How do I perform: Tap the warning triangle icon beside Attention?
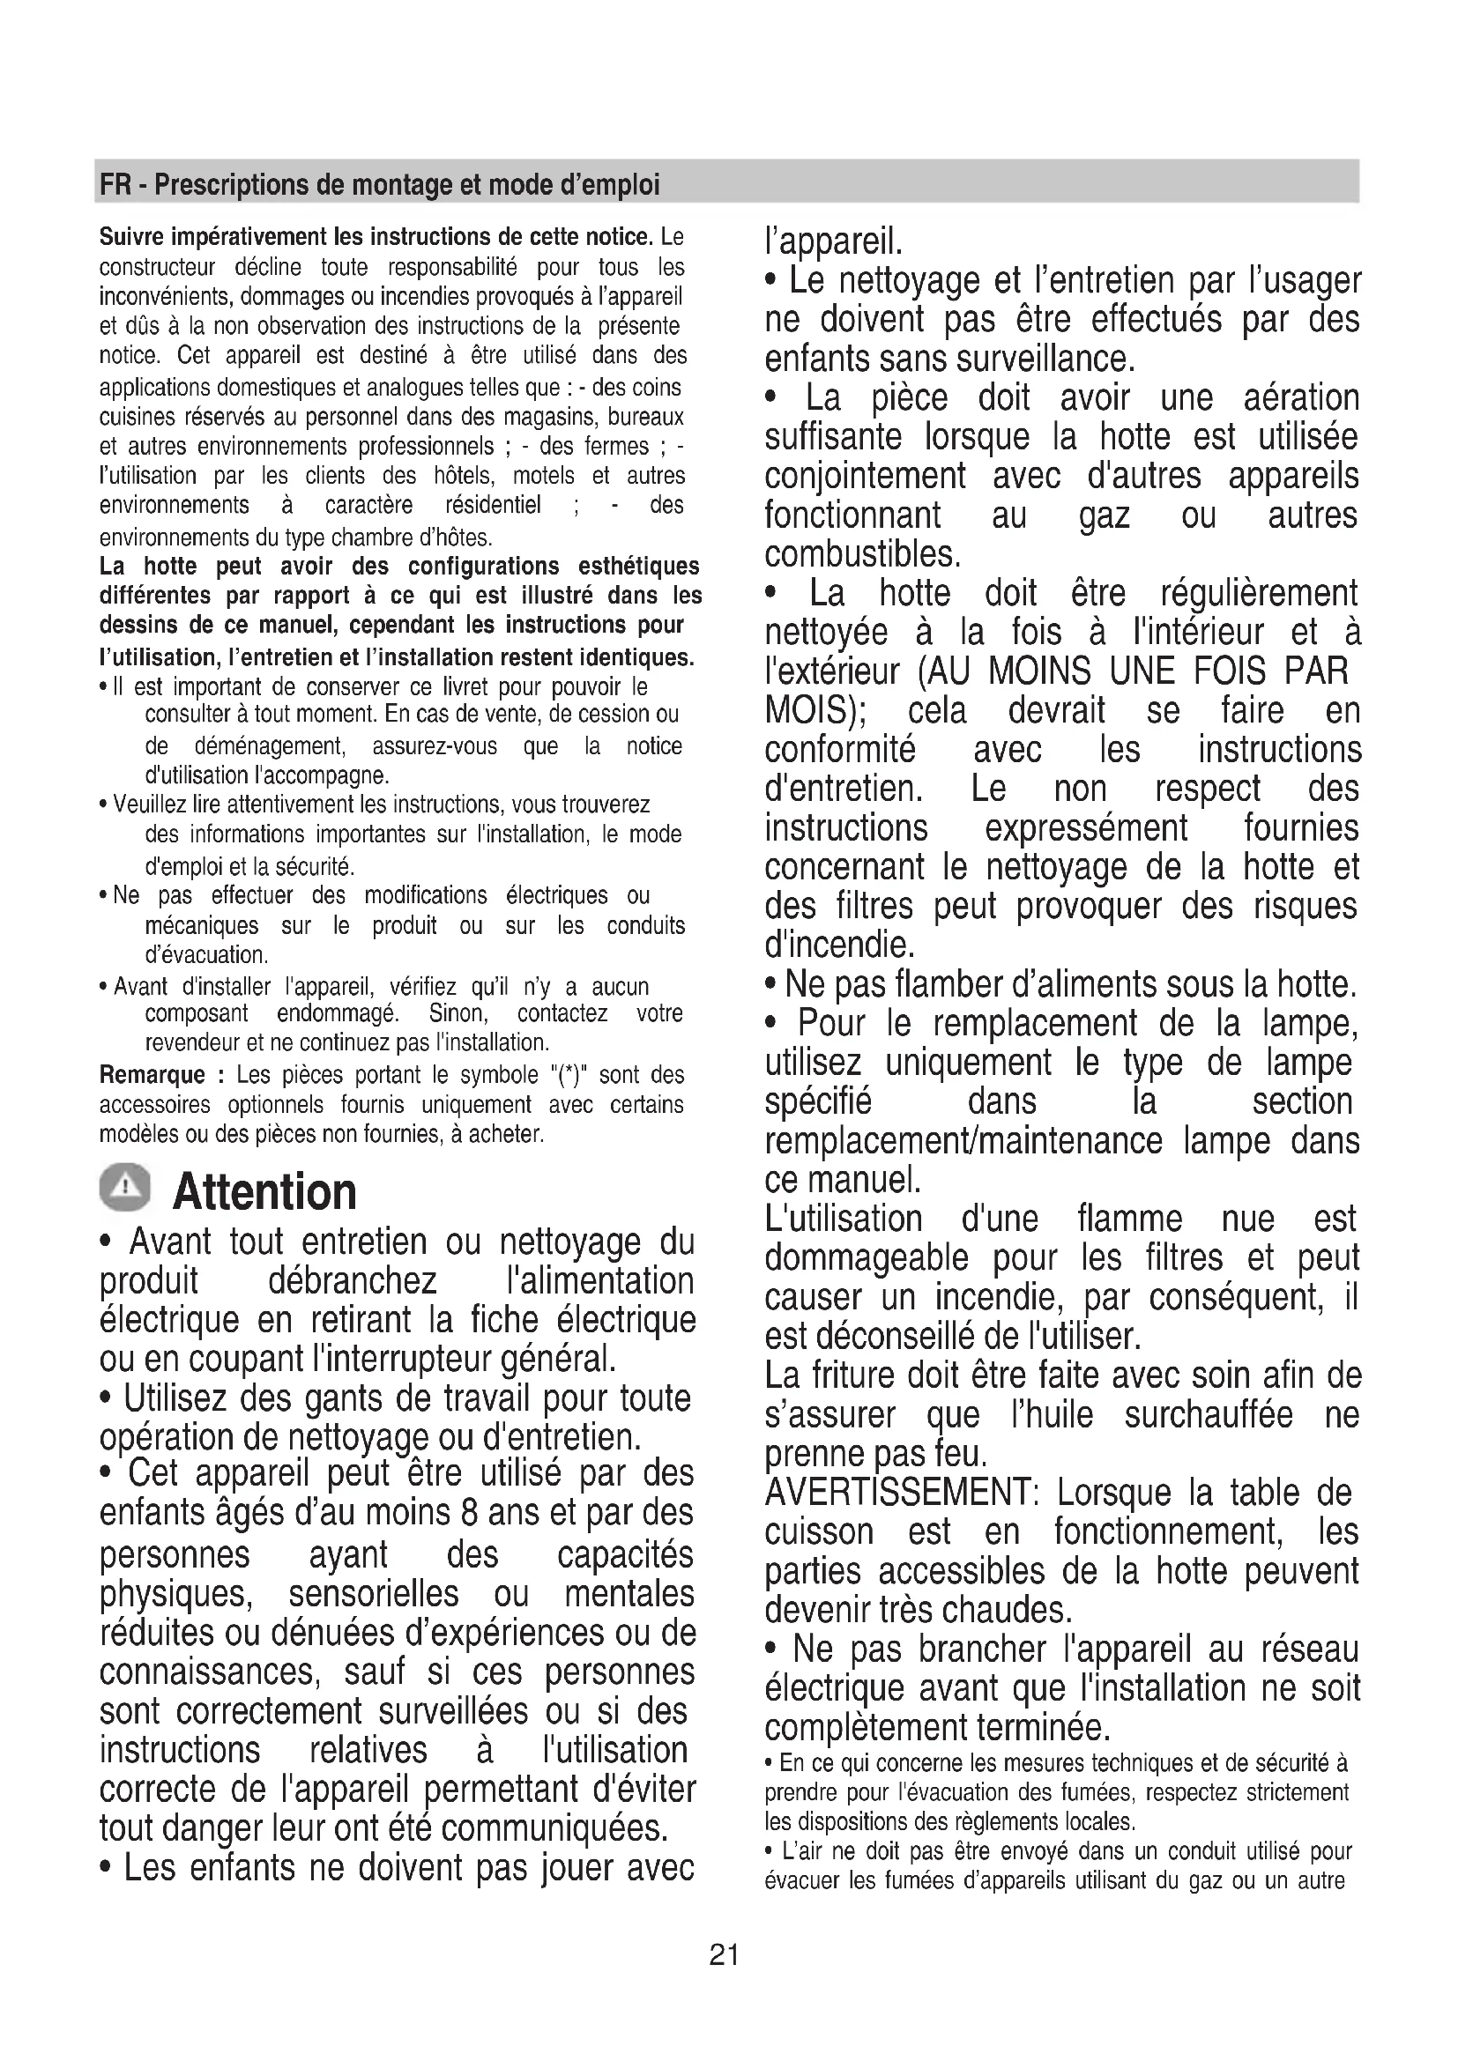(125, 1189)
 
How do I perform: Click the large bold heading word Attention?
(264, 1192)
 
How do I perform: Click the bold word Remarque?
(152, 1074)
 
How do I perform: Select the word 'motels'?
(546, 476)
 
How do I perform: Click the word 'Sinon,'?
(458, 1013)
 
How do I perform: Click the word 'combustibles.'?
(863, 554)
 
